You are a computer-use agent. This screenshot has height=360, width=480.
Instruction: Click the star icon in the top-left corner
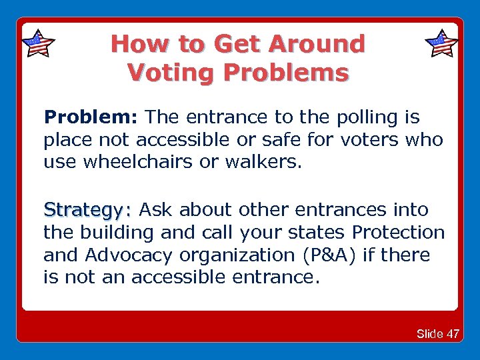(x=38, y=44)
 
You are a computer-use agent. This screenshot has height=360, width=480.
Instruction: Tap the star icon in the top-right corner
(x=441, y=44)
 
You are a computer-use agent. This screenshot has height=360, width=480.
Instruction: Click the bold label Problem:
(x=91, y=118)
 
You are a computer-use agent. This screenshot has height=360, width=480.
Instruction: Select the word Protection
(x=399, y=233)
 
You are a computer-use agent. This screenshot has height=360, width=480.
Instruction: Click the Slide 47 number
(x=437, y=333)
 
